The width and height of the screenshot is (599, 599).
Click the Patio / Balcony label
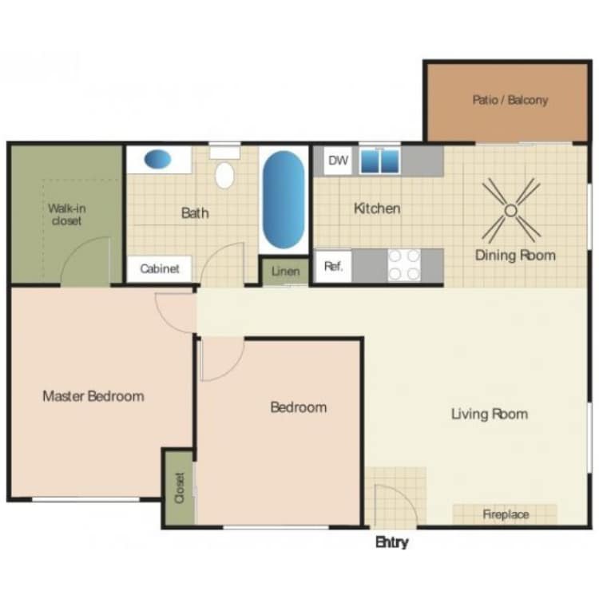point(510,101)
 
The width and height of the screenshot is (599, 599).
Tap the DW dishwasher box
point(339,161)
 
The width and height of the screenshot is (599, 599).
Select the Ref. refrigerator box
point(334,267)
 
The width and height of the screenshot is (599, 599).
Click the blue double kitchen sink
point(379,161)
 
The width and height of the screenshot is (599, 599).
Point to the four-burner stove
point(404,265)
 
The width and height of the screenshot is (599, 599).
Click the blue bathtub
point(284,199)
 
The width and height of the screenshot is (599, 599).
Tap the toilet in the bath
point(224,173)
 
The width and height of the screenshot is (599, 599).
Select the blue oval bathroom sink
point(157,159)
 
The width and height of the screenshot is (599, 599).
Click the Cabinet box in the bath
point(160,269)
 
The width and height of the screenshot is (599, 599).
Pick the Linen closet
point(285,272)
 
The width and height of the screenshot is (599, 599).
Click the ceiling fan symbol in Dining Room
point(511,211)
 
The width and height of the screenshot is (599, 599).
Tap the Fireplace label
point(506,514)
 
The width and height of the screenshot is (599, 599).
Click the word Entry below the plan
point(391,542)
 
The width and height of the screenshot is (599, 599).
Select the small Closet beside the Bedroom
point(179,487)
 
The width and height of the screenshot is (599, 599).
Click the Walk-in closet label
point(66,215)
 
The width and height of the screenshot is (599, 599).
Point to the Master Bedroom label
point(93,396)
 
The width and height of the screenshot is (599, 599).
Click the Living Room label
point(489,414)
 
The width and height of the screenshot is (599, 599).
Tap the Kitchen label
point(377,208)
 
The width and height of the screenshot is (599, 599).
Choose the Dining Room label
point(515,256)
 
